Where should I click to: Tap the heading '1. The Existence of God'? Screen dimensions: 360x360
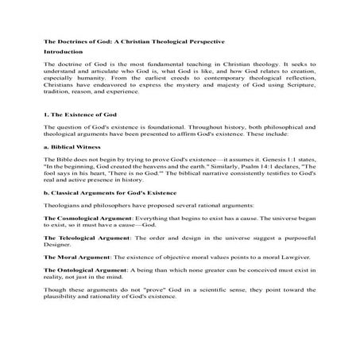(x=76, y=115)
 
